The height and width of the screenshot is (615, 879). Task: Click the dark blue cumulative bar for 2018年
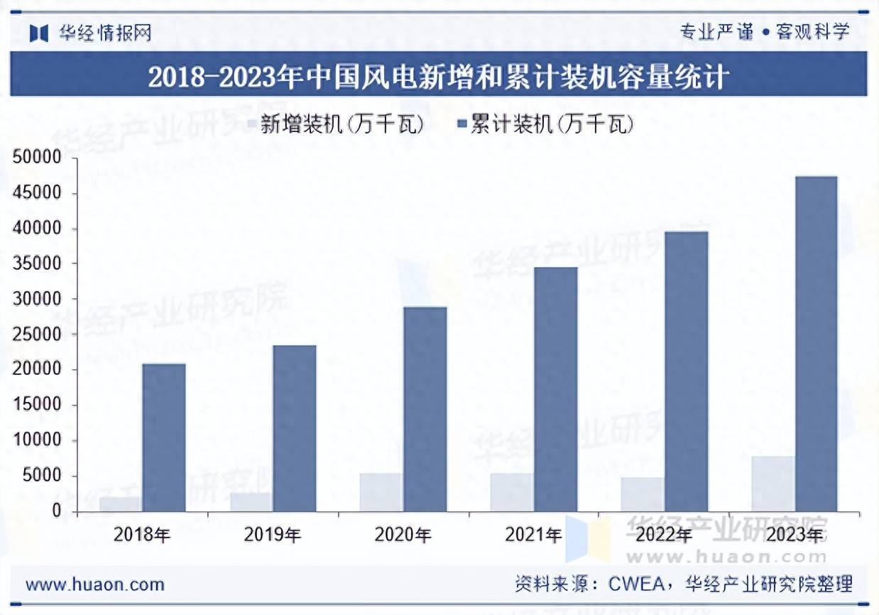pyautogui.click(x=163, y=437)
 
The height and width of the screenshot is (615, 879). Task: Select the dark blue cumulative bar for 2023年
pyautogui.click(x=816, y=344)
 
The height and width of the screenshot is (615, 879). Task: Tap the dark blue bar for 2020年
pyautogui.click(x=425, y=409)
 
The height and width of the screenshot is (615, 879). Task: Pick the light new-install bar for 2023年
pyautogui.click(x=772, y=484)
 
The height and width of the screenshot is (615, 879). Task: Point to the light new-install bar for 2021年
pyautogui.click(x=511, y=492)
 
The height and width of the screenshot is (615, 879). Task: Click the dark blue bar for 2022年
pyautogui.click(x=686, y=371)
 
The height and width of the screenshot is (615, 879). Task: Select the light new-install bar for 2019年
pyautogui.click(x=251, y=501)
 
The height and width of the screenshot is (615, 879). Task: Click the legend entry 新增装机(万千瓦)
pyautogui.click(x=334, y=125)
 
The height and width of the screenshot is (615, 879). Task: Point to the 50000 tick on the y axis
pyautogui.click(x=38, y=158)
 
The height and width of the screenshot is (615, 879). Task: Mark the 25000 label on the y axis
pyautogui.click(x=38, y=335)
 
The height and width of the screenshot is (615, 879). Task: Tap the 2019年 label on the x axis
pyautogui.click(x=273, y=535)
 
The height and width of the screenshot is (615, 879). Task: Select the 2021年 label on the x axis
pyautogui.click(x=533, y=535)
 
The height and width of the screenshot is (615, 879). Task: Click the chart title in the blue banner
pyautogui.click(x=438, y=76)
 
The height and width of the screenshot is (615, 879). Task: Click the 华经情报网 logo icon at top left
pyautogui.click(x=38, y=33)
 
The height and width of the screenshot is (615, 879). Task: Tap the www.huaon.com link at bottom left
pyautogui.click(x=94, y=584)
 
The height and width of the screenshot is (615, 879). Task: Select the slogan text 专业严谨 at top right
pyautogui.click(x=716, y=32)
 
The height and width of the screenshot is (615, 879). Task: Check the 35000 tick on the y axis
pyautogui.click(x=38, y=264)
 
